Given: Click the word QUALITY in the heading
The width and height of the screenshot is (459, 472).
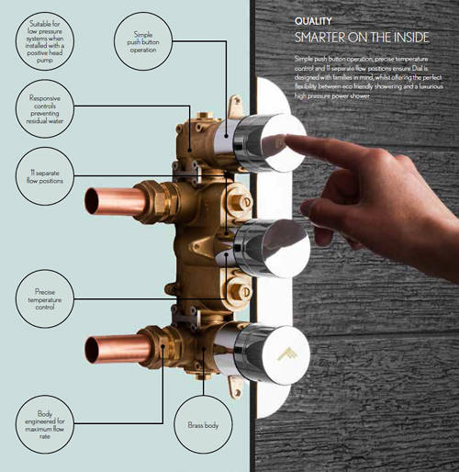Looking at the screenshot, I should click(x=313, y=19).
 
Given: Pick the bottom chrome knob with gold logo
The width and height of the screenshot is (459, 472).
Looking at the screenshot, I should click(x=273, y=354).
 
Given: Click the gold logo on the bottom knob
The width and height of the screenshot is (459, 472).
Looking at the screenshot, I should click(x=284, y=354).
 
